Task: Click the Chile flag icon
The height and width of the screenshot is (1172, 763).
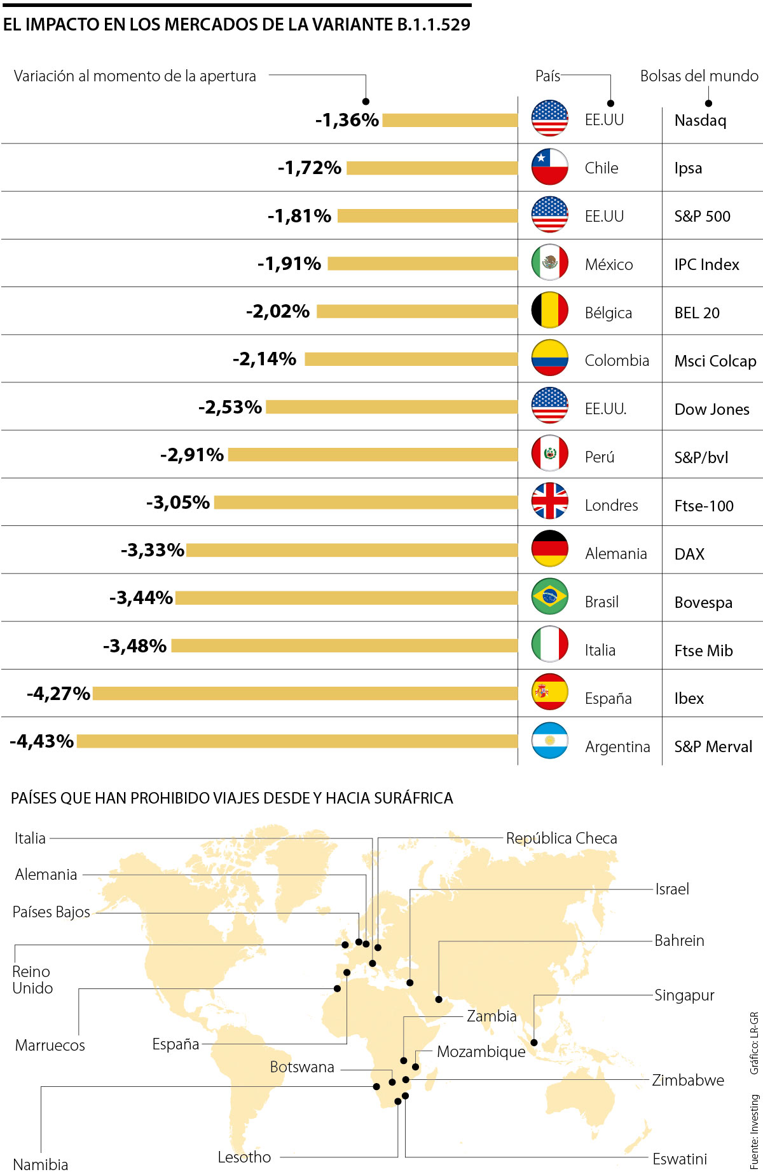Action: tap(549, 167)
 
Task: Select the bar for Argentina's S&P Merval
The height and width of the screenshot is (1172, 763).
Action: tap(297, 741)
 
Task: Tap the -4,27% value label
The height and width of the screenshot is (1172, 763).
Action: tap(58, 693)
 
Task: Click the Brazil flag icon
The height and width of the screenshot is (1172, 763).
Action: tap(549, 596)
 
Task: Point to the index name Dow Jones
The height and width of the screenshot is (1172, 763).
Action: tap(711, 409)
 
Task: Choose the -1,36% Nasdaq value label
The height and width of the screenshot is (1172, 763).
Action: tap(347, 120)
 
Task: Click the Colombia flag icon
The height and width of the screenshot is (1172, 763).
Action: tap(549, 358)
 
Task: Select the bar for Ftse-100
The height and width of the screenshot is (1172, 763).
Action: tap(366, 502)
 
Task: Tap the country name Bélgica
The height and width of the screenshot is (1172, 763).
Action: tap(608, 313)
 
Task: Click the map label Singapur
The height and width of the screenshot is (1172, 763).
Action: tap(684, 995)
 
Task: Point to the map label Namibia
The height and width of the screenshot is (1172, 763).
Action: tap(41, 1164)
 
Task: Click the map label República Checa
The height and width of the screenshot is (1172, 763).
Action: tap(561, 838)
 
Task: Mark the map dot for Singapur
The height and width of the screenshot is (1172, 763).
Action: tap(534, 1042)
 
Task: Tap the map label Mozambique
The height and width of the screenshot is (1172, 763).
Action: tap(481, 1051)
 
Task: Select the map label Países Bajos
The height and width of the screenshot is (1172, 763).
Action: tap(52, 912)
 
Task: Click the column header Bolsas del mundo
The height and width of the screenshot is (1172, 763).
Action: tap(699, 76)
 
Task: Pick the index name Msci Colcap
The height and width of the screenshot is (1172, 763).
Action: tap(715, 361)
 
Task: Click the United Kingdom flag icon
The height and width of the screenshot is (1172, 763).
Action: tap(549, 501)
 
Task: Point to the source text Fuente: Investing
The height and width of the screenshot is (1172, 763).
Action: tap(754, 1131)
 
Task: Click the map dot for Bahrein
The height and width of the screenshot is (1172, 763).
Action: tap(439, 999)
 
